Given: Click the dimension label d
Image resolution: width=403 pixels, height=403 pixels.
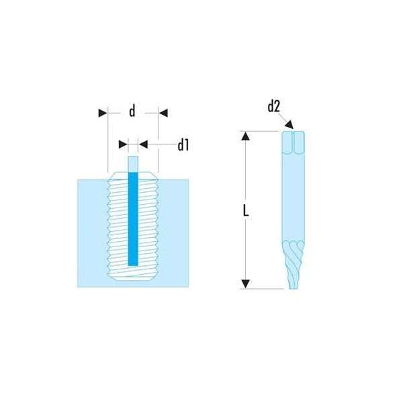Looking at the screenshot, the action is coord(132,111).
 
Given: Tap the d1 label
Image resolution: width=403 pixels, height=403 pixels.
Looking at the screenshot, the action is coord(183,145).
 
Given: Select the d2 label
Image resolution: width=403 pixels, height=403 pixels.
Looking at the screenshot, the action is coord(273,106).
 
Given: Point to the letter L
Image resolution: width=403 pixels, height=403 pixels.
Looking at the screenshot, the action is coord(246,210).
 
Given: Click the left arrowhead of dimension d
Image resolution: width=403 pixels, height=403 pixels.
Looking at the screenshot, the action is coord(103,113).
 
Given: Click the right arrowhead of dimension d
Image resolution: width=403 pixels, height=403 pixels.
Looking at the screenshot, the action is coord(163,113).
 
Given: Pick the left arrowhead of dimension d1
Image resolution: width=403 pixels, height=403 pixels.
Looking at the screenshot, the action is coord(123,144).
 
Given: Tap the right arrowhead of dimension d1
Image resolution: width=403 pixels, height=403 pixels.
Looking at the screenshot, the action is coord(143,144).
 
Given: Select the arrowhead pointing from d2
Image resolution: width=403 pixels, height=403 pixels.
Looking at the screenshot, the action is coord(289,124).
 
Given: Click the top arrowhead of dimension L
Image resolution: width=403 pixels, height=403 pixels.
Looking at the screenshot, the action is coord(246,136).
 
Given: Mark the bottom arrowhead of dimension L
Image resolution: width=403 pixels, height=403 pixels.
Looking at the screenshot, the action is coord(246,283).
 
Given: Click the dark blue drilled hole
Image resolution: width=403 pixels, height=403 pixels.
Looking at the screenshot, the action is coord(133,219).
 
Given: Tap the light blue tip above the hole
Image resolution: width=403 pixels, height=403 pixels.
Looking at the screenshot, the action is coord(133,164).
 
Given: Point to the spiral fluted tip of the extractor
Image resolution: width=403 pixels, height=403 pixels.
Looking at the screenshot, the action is coord(294,265).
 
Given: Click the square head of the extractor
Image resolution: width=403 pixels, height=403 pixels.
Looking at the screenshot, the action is coord(294,143).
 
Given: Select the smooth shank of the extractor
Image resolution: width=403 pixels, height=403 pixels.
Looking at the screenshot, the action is coord(294,197).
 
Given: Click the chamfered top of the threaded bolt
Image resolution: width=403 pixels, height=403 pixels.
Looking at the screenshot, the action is coord(133,175).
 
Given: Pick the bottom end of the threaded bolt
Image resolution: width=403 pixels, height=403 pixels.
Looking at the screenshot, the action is coord(133,277).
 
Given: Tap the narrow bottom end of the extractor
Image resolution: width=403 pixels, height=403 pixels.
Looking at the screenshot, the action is coord(294,288).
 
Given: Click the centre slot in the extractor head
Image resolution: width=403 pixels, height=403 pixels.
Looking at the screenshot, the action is coord(294,142).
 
